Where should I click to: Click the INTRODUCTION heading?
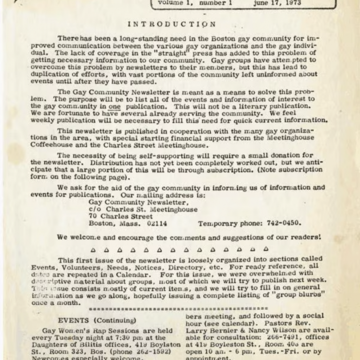[x=172, y=23]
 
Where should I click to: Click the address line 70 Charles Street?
[x=116, y=216]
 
